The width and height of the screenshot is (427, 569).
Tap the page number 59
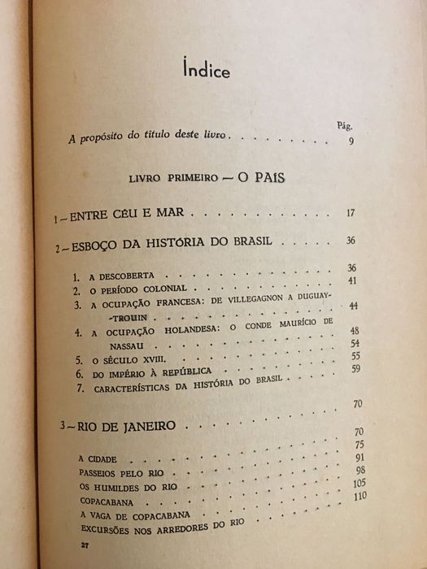click(x=355, y=368)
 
